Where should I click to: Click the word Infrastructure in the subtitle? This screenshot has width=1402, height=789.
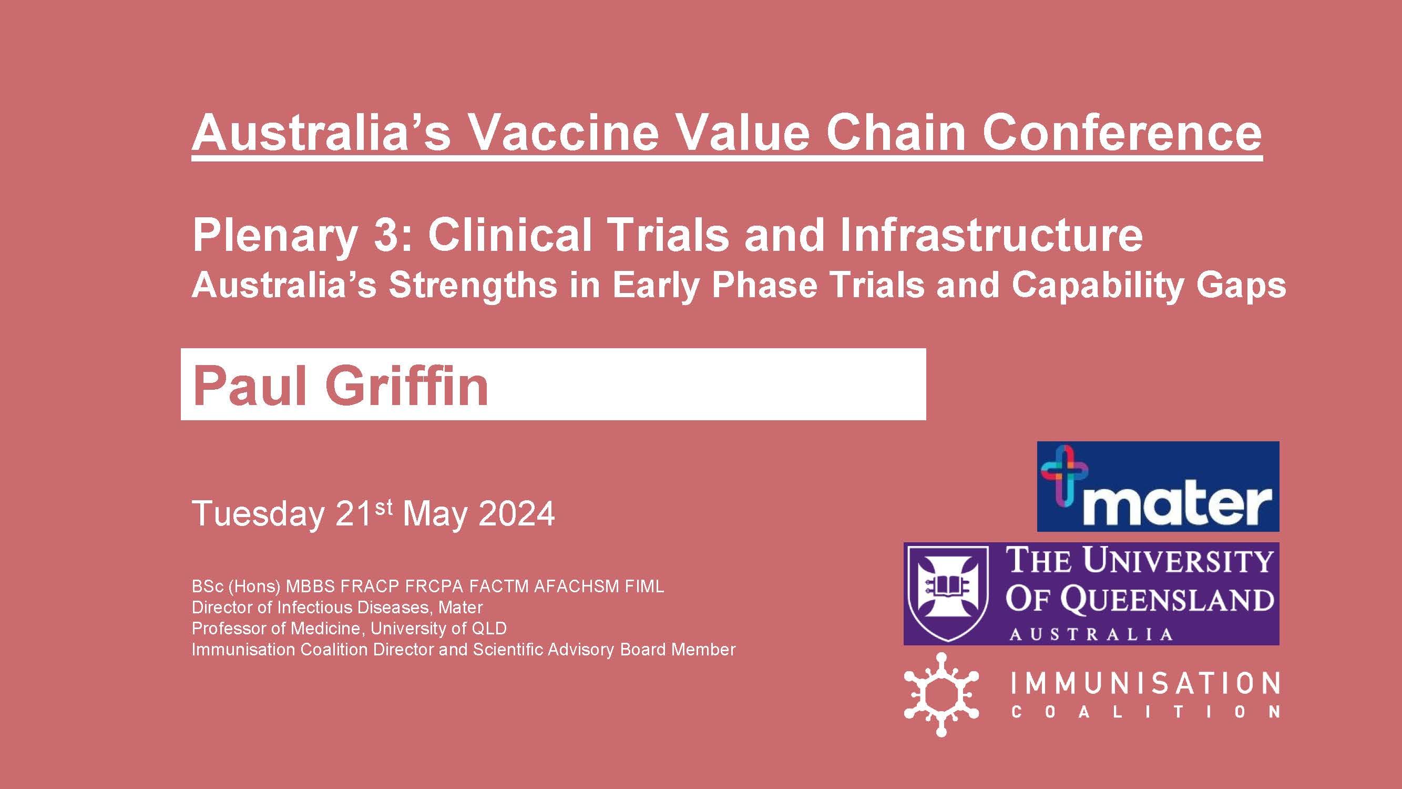pyautogui.click(x=990, y=235)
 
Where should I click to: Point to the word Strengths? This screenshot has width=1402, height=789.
pyautogui.click(x=473, y=285)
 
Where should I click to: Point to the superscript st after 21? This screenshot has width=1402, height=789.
pyautogui.click(x=383, y=507)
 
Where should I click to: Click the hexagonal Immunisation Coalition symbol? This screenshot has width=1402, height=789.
pyautogui.click(x=941, y=694)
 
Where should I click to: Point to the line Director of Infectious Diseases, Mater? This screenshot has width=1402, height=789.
pyautogui.click(x=337, y=608)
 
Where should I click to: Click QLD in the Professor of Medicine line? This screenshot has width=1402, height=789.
pyautogui.click(x=489, y=629)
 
